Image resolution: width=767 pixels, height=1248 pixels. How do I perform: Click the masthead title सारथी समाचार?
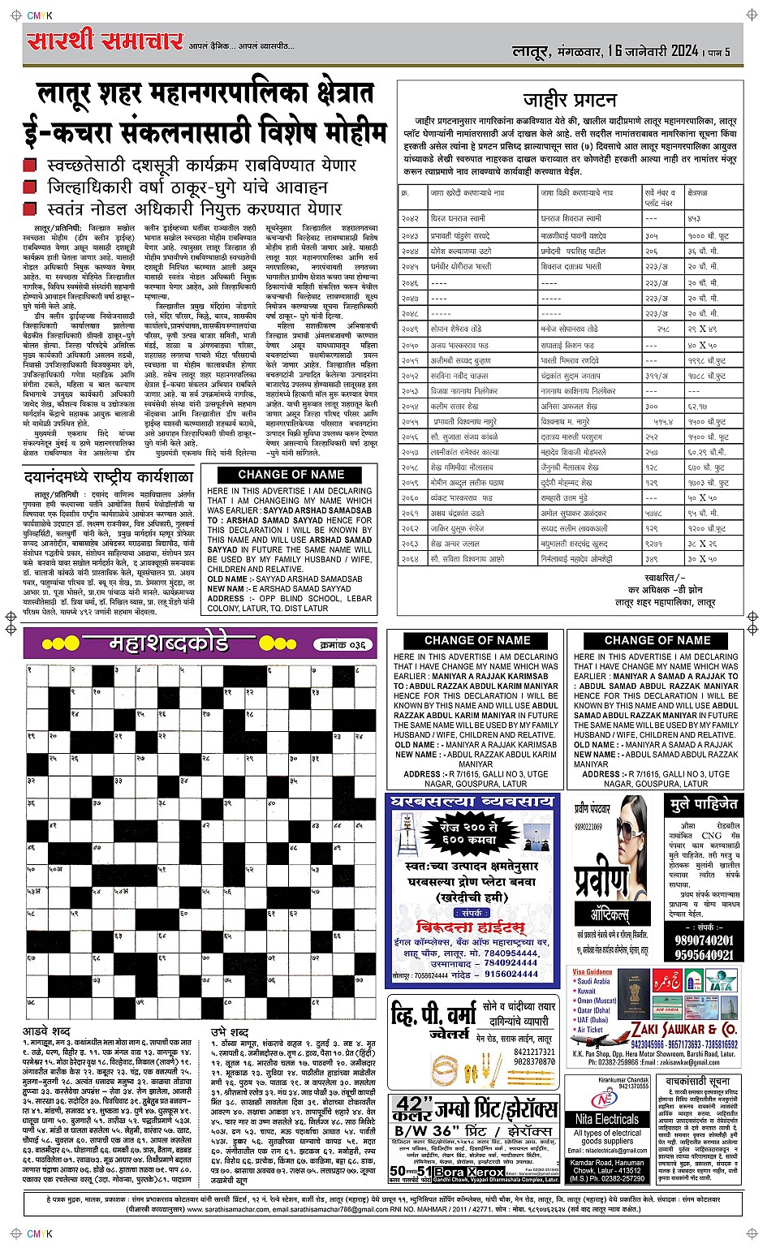coord(104,41)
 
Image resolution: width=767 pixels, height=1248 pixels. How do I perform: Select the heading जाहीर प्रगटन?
coord(569,101)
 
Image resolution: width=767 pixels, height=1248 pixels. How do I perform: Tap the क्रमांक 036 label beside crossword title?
coord(343,644)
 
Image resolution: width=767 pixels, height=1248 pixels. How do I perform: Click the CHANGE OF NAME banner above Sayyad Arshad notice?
coord(291,475)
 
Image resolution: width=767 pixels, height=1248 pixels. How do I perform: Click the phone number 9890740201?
coord(703,940)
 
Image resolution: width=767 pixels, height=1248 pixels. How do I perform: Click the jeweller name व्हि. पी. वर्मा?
coord(430,1016)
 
